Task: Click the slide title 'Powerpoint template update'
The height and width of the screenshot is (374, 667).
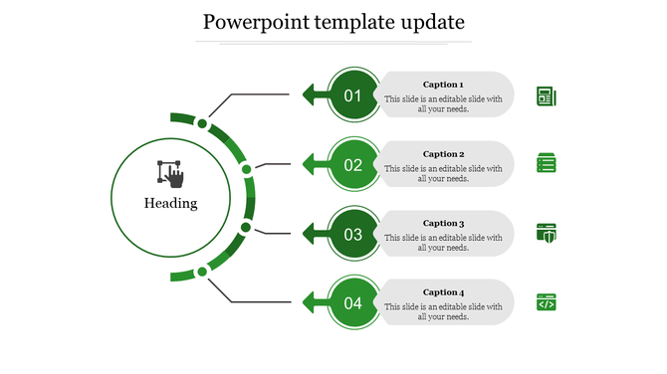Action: point(333,22)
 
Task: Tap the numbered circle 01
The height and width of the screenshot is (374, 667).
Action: point(353,95)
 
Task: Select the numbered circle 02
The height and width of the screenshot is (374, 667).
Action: point(353,165)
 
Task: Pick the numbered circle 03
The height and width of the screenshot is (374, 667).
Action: point(353,235)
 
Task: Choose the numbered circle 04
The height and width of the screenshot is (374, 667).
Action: point(353,303)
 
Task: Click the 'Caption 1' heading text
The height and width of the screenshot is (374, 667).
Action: point(443,85)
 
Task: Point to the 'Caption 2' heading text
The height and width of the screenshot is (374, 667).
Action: point(443,154)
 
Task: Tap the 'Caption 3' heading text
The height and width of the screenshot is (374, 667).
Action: point(443,224)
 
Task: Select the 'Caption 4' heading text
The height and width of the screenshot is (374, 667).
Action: point(443,291)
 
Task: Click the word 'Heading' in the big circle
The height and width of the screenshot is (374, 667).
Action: point(171,204)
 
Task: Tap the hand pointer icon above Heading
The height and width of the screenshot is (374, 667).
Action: point(171,173)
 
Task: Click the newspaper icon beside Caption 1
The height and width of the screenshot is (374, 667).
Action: point(547,96)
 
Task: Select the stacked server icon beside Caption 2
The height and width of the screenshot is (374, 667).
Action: point(547,164)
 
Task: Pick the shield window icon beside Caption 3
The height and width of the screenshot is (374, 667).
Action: point(547,233)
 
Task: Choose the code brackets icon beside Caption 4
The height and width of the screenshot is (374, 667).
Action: point(547,302)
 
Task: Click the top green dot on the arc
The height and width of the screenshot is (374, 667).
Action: point(202,124)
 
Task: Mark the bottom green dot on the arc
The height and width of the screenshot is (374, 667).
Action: point(202,271)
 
